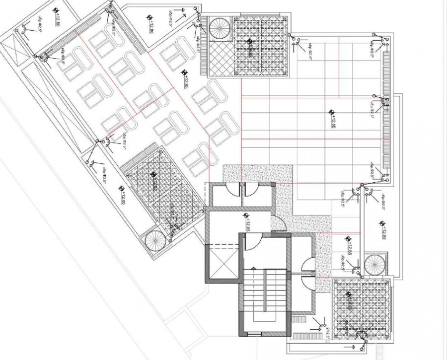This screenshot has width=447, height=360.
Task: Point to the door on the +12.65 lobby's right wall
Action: (279, 224)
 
